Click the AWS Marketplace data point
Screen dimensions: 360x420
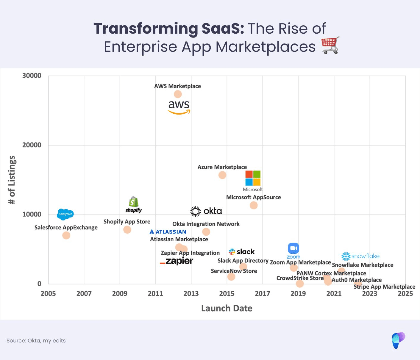tap(178, 94)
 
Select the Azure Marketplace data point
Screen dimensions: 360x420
tap(222, 175)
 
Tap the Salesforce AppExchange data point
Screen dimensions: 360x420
tap(66, 235)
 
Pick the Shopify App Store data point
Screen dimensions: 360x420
tap(127, 230)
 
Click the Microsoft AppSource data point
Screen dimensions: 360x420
tap(254, 205)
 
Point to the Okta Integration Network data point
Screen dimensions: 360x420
tap(206, 232)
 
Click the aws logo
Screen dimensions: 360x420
tap(179, 107)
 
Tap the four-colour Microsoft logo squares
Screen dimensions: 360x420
tap(253, 178)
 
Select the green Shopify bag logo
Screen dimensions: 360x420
tap(134, 202)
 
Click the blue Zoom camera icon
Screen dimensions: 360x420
tap(293, 248)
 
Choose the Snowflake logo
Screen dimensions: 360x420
tap(360, 256)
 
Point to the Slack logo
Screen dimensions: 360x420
tap(242, 252)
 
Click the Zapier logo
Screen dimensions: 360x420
tap(177, 261)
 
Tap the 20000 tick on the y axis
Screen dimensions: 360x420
tap(32, 145)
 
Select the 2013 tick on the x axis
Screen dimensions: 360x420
tap(191, 294)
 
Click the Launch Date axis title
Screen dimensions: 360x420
tap(227, 308)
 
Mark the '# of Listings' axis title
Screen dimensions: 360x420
tap(12, 180)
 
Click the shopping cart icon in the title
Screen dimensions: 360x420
tap(330, 45)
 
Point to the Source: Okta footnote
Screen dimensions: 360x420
tap(36, 341)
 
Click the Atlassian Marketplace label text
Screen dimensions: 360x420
tap(179, 239)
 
